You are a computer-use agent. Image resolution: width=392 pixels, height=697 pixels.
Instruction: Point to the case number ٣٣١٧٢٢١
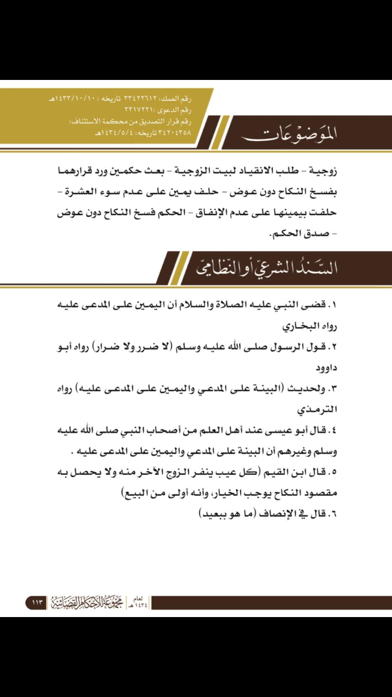coord(140,110)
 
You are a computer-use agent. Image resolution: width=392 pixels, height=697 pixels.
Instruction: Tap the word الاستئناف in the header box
coord(86,121)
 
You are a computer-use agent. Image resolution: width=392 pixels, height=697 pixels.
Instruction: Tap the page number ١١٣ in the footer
coord(37,602)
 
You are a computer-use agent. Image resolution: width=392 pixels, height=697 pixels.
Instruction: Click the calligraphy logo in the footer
coord(84,602)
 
